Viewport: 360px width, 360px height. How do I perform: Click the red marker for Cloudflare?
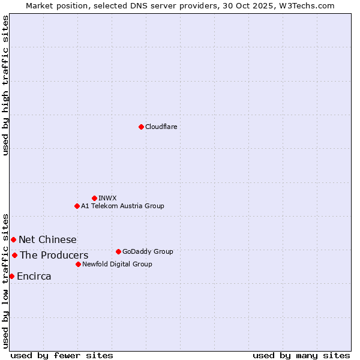pyautogui.click(x=141, y=127)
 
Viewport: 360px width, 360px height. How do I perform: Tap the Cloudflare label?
pyautogui.click(x=161, y=127)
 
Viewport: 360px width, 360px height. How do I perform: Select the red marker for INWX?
pyautogui.click(x=94, y=198)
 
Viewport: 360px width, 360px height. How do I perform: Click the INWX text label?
pyautogui.click(x=107, y=198)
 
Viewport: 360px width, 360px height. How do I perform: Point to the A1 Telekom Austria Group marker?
pyautogui.click(x=77, y=206)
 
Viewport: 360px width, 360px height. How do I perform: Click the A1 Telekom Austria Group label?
pyautogui.click(x=122, y=206)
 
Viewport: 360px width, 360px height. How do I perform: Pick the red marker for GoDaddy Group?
pyautogui.click(x=118, y=251)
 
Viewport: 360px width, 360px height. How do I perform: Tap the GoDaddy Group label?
pyautogui.click(x=148, y=251)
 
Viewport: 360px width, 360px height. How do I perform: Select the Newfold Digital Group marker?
pyautogui.click(x=78, y=264)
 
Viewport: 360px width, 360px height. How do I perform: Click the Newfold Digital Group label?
pyautogui.click(x=117, y=264)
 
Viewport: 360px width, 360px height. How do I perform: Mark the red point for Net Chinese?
pyautogui.click(x=13, y=239)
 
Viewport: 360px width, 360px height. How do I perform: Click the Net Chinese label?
pyautogui.click(x=47, y=240)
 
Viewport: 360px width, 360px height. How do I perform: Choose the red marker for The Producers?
pyautogui.click(x=14, y=255)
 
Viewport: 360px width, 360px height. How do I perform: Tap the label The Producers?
pyautogui.click(x=54, y=256)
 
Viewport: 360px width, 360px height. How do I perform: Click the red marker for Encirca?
pyautogui.click(x=11, y=276)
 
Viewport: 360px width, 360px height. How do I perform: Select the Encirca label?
pyautogui.click(x=34, y=277)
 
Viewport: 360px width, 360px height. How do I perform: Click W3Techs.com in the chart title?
pyautogui.click(x=310, y=5)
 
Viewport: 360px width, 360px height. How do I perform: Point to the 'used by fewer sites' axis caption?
pyautogui.click(x=62, y=355)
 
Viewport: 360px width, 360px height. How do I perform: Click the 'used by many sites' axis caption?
pyautogui.click(x=301, y=355)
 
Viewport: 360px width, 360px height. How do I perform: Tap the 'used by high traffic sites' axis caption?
pyautogui.click(x=5, y=85)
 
